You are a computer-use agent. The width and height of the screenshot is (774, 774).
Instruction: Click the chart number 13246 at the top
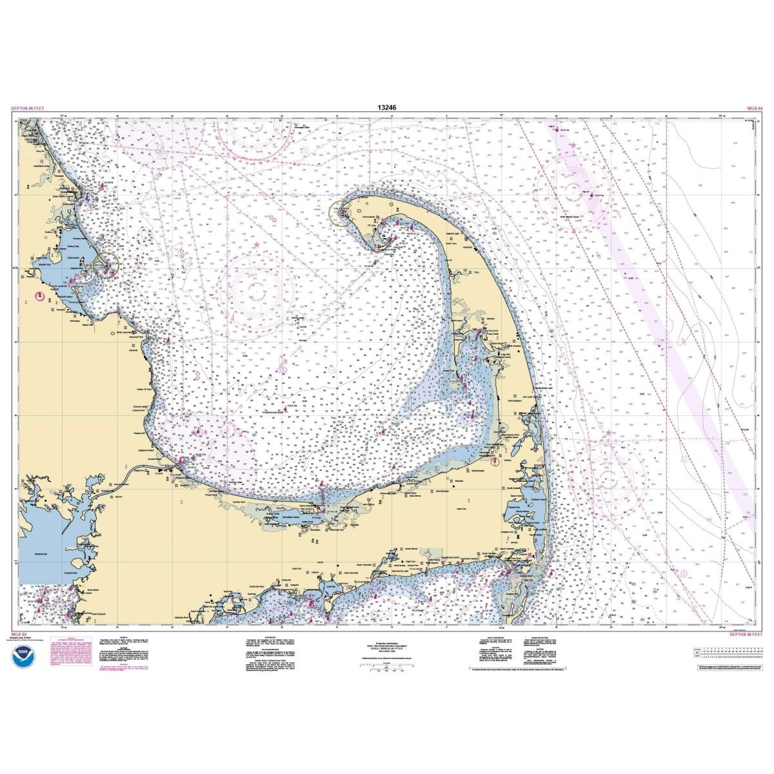coord(387,108)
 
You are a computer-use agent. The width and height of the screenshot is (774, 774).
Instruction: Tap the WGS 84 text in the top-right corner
coord(754,108)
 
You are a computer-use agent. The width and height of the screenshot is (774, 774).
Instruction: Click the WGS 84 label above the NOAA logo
coord(19,635)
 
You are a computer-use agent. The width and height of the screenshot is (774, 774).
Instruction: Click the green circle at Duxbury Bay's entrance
coord(108,263)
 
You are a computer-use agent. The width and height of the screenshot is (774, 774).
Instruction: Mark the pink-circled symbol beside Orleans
coord(495,461)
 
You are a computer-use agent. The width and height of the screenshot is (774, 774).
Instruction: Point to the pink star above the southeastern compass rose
coord(608,432)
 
